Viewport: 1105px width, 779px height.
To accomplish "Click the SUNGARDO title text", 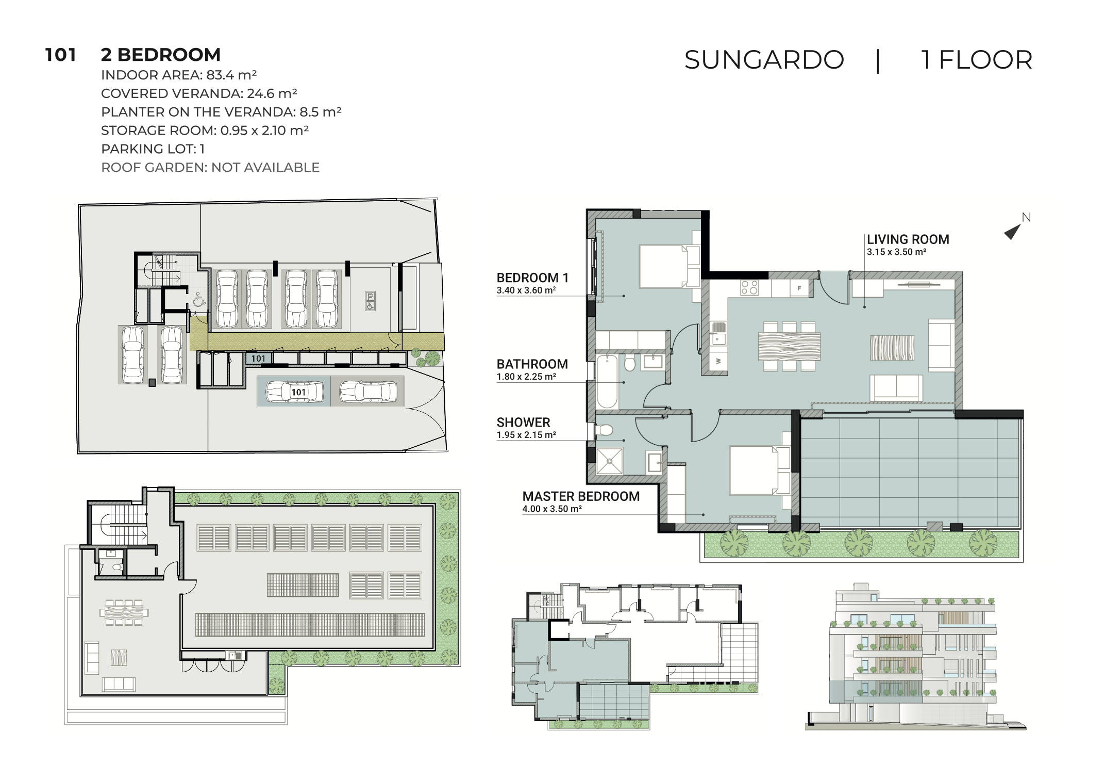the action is click(x=764, y=60).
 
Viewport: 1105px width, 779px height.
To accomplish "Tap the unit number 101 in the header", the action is click(x=61, y=55).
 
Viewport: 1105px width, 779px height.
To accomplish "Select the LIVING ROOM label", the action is click(x=908, y=239).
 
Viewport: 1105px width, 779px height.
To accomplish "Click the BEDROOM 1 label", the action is click(x=532, y=278).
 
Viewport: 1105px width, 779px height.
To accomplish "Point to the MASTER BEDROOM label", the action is click(x=581, y=496).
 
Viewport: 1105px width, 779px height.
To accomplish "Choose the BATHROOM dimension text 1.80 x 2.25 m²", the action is click(x=526, y=377).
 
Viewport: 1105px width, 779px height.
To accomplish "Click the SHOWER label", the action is click(x=523, y=423).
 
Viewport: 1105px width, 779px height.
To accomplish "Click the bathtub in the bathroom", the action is click(x=607, y=382).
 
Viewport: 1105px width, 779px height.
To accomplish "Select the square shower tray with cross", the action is click(x=610, y=461).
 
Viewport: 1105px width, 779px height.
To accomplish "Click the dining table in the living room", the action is click(x=789, y=347).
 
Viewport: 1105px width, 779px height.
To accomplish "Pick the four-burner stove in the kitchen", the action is click(x=749, y=287).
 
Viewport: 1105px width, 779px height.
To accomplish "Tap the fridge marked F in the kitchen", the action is click(x=799, y=288).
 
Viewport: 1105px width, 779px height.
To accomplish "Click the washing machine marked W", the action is click(x=718, y=361).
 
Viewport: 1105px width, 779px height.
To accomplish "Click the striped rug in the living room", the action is click(x=892, y=347).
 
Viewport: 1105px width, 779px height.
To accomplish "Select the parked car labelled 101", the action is click(x=294, y=392).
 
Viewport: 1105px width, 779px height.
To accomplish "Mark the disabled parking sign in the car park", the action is click(x=370, y=301).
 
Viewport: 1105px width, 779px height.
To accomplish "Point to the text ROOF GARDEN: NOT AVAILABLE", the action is click(x=210, y=168).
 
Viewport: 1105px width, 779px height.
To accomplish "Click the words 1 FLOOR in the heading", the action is click(x=977, y=60).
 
